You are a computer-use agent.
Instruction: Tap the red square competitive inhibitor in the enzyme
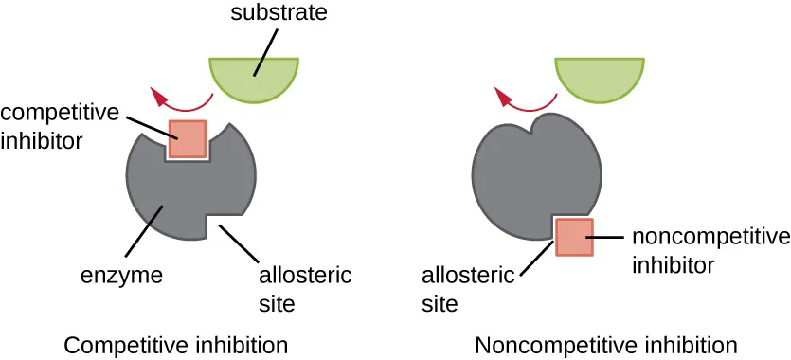click(x=187, y=138)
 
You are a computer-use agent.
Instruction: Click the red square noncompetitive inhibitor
click(x=573, y=237)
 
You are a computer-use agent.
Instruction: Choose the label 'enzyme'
click(x=121, y=277)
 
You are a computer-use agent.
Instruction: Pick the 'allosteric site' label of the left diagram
click(x=305, y=289)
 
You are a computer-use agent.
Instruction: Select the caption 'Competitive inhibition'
click(x=175, y=344)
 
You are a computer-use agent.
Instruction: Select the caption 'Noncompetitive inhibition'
click(x=606, y=344)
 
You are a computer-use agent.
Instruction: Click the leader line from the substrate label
click(x=266, y=51)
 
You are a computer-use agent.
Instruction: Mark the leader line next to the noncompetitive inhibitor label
click(x=606, y=236)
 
